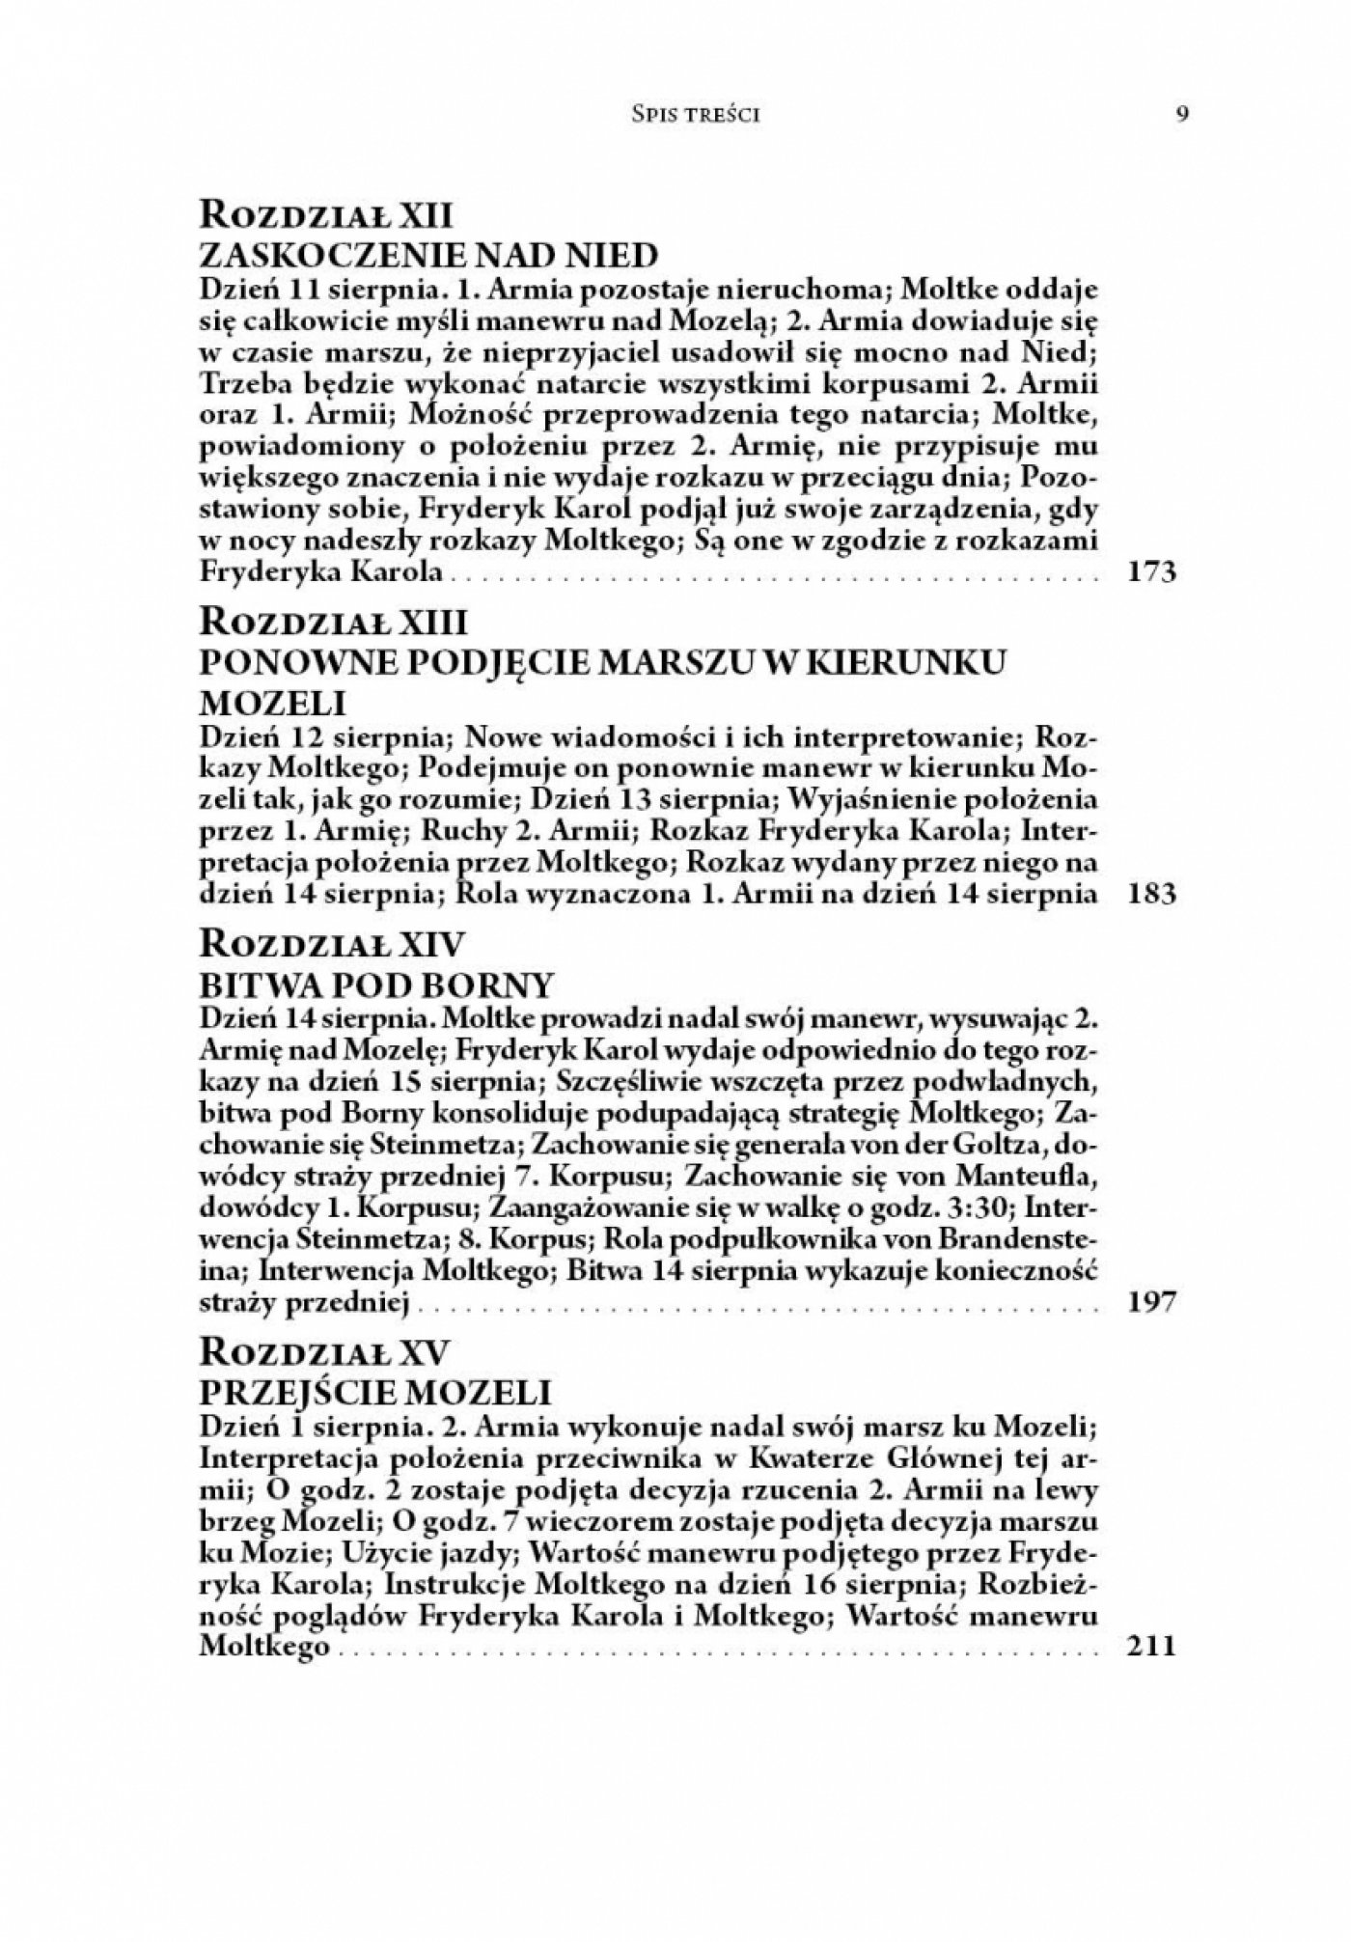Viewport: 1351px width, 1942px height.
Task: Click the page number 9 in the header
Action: coord(1182,114)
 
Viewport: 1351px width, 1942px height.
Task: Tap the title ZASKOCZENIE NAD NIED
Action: coord(427,256)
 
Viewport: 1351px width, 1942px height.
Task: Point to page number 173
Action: coord(1151,573)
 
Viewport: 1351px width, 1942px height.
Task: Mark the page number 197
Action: coord(1151,1303)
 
